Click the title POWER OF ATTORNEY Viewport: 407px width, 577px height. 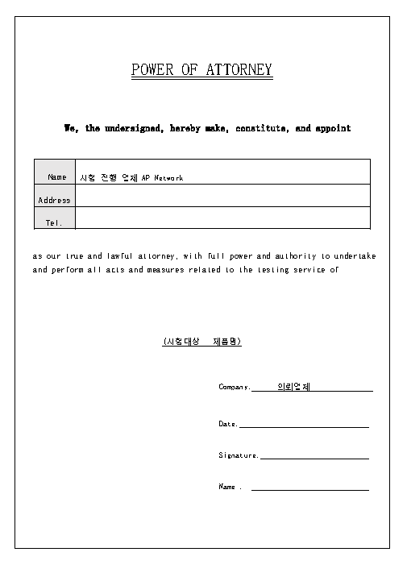click(x=202, y=70)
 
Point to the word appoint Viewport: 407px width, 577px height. click(x=333, y=128)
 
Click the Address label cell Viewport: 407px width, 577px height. click(x=54, y=200)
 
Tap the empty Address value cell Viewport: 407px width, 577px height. click(x=222, y=196)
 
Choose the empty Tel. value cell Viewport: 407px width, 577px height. click(x=222, y=218)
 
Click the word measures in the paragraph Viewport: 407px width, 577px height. click(x=165, y=270)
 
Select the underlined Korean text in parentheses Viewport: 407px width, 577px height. click(x=202, y=342)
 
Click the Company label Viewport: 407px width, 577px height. click(x=235, y=387)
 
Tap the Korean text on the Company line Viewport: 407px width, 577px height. click(x=293, y=386)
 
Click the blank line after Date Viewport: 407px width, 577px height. click(x=304, y=425)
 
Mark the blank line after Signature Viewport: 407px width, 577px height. click(x=314, y=456)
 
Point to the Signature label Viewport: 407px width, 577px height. click(x=238, y=455)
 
